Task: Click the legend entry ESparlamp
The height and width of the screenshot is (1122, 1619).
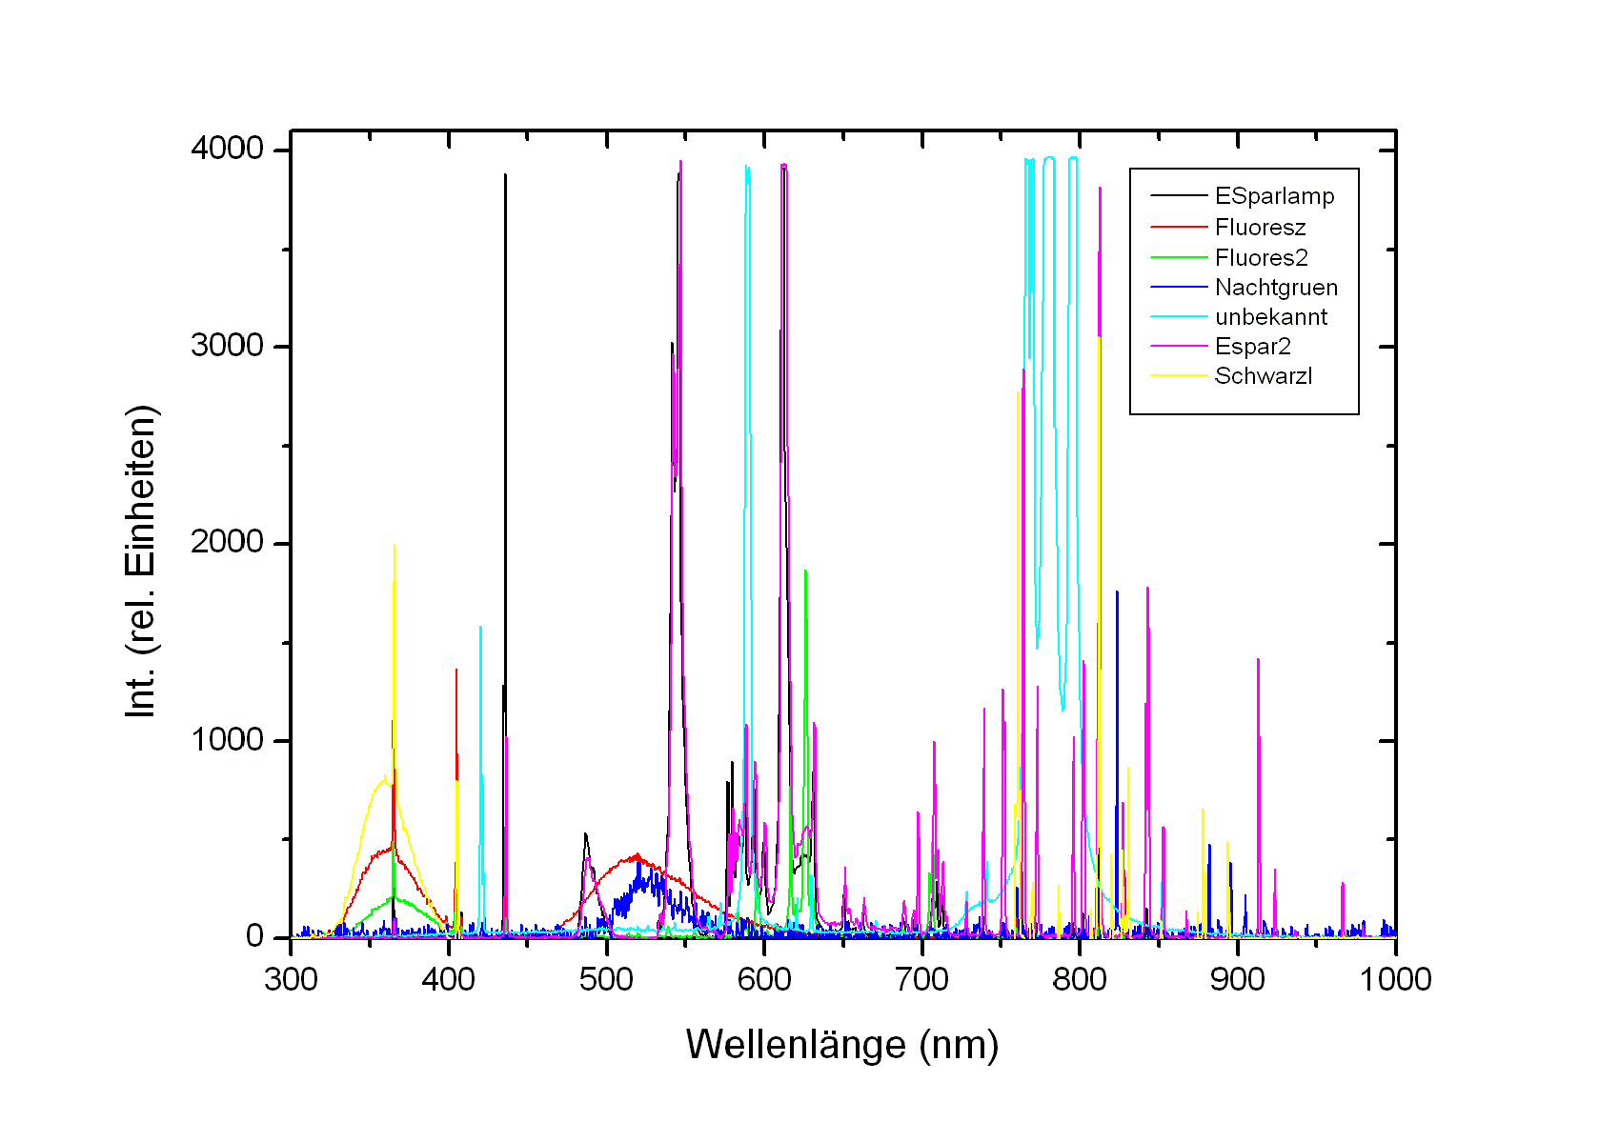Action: pyautogui.click(x=1274, y=196)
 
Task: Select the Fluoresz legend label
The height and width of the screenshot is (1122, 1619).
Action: pyautogui.click(x=1260, y=228)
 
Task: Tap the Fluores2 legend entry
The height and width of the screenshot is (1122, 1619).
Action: pyautogui.click(x=1261, y=257)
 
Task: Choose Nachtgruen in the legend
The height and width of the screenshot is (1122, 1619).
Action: pyautogui.click(x=1276, y=288)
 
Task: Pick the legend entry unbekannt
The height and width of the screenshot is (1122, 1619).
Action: pyautogui.click(x=1270, y=317)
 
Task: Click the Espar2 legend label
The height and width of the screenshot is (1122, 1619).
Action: pyautogui.click(x=1252, y=347)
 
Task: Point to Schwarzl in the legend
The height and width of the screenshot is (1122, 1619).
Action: pyautogui.click(x=1263, y=376)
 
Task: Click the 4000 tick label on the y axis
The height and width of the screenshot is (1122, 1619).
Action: pyautogui.click(x=227, y=149)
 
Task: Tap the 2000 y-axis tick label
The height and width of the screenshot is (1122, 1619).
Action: pyautogui.click(x=227, y=542)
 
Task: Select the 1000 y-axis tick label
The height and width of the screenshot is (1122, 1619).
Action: pyautogui.click(x=227, y=739)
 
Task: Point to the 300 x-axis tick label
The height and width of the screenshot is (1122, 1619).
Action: pyautogui.click(x=291, y=979)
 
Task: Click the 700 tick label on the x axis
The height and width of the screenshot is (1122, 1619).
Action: pyautogui.click(x=922, y=979)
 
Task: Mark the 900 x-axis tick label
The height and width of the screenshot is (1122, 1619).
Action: pyautogui.click(x=1238, y=979)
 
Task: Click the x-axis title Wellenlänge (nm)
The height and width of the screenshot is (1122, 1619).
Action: pyautogui.click(x=842, y=1045)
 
